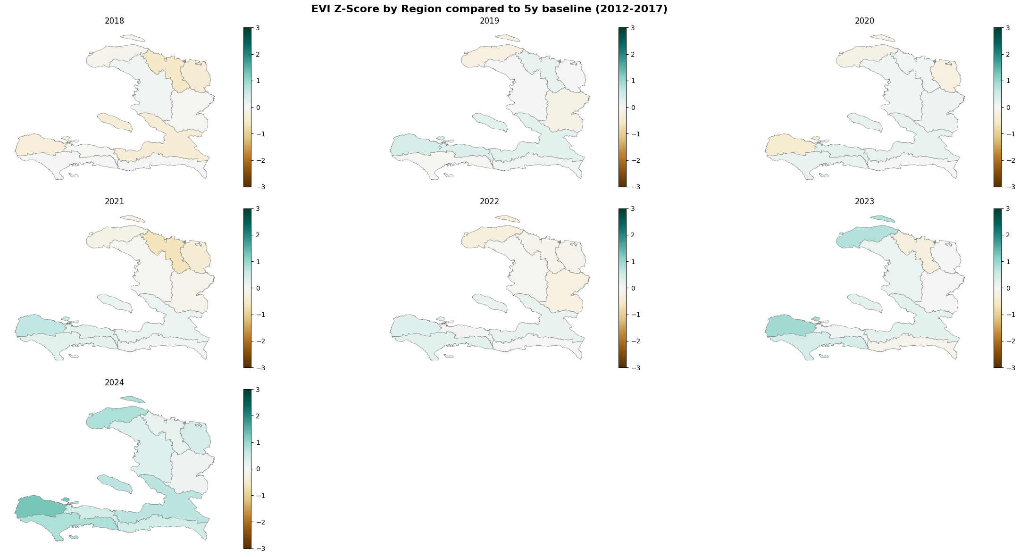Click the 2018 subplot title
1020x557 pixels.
pos(114,21)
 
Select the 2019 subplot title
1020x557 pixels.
pos(489,21)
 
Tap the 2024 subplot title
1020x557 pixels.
pos(114,382)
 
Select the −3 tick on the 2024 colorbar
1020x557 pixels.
pos(260,549)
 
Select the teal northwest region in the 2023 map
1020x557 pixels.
pos(861,236)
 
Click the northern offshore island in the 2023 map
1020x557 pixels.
pos(882,219)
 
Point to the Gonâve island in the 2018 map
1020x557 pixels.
pos(115,122)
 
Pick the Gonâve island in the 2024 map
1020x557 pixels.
pos(115,484)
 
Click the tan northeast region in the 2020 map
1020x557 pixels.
pos(945,75)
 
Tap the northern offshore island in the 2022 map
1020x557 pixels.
pos(508,219)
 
